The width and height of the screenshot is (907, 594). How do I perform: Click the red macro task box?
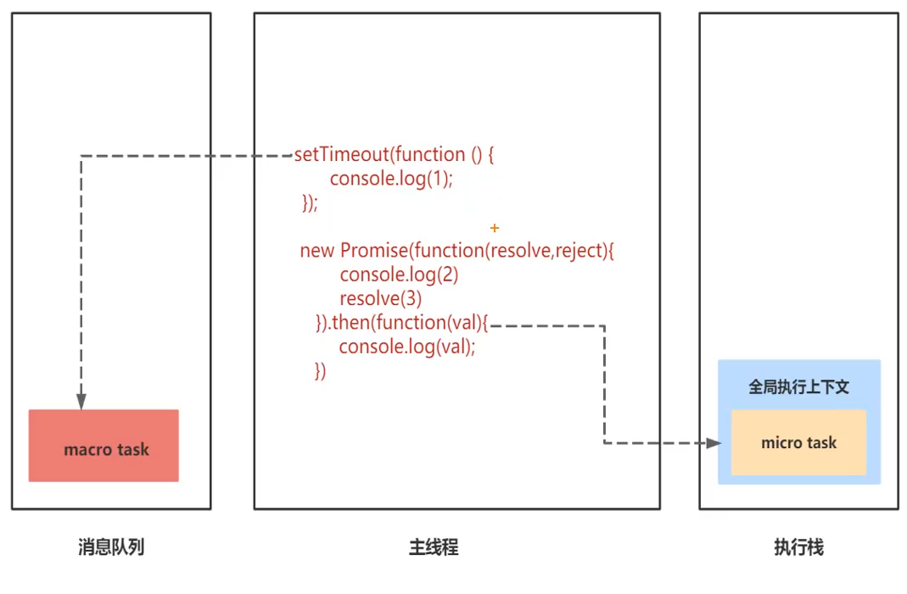coord(104,446)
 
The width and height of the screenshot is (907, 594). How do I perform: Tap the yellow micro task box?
coord(798,443)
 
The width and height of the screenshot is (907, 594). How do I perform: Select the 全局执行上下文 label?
coord(798,386)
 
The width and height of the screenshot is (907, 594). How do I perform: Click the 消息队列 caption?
coord(111,547)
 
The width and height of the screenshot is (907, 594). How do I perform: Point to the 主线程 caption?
coord(434,547)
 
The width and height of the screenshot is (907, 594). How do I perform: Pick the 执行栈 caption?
coord(798,547)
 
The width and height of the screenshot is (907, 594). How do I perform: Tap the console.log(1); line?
coord(391,179)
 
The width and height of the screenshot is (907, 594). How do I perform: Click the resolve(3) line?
coord(380,298)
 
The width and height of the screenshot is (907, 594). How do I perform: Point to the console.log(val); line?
coord(407,347)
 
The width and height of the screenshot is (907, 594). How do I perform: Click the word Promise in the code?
coord(374,251)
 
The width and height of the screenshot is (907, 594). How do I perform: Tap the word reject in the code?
coord(577,251)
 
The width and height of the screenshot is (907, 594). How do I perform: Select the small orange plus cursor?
coord(495,228)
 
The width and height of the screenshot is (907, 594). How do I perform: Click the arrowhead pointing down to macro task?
coord(81,401)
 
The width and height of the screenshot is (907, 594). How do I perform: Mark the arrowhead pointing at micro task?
coord(712,442)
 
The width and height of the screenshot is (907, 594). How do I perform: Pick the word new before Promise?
coord(317,251)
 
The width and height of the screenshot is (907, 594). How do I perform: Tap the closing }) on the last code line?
coord(320,370)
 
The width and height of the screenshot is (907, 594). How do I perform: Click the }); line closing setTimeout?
coord(310,203)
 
